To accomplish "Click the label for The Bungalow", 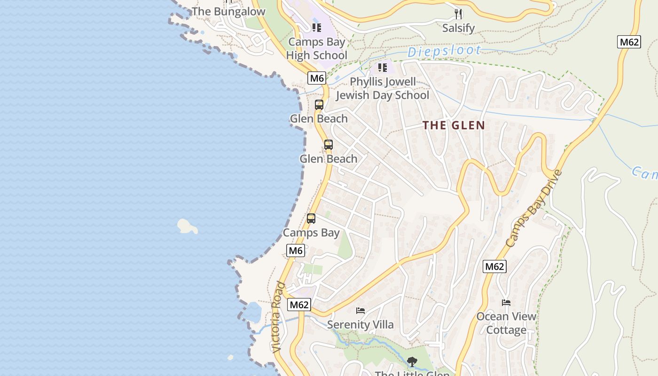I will (228, 12).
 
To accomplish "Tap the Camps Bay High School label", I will (317, 48).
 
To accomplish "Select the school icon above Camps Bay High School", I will (316, 28).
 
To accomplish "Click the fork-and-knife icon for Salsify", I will (459, 14).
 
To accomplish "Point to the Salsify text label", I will (459, 28).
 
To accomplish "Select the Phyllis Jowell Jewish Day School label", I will (382, 88).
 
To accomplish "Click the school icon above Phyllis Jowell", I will (382, 68).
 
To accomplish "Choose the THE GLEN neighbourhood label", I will (454, 125).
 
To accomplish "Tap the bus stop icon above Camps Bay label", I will (311, 219).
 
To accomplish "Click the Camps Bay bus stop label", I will (311, 233).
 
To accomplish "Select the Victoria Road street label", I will (278, 317).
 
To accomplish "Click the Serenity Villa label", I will (360, 324).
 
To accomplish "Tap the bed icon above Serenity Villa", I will (360, 310).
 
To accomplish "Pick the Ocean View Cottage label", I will (506, 323).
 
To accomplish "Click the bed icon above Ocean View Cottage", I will (506, 303).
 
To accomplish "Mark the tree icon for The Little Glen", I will (412, 362).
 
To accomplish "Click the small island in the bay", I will (187, 227).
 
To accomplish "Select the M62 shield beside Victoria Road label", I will (299, 305).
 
